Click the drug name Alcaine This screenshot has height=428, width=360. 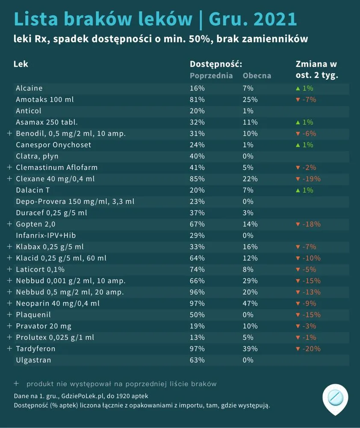(29, 88)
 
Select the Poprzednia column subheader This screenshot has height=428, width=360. (211, 76)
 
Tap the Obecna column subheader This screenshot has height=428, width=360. (257, 76)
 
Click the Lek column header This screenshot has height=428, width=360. (21, 64)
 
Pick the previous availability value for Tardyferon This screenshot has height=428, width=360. (197, 349)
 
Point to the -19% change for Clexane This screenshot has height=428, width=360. (311, 179)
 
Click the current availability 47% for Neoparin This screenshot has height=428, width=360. (250, 303)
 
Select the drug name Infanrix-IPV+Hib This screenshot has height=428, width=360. (46, 235)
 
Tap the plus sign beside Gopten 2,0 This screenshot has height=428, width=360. (9, 224)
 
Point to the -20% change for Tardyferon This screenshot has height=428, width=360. (311, 349)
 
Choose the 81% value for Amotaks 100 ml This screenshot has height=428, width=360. (197, 100)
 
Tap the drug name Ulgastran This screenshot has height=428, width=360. (33, 360)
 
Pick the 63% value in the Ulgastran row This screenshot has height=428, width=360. (197, 360)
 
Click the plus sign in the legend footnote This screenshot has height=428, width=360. (16, 383)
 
